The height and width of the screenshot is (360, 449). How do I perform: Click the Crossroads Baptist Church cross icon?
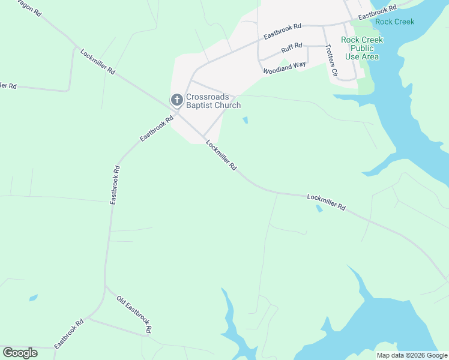click(x=177, y=100)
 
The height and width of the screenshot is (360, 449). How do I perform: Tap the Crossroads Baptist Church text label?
click(x=213, y=101)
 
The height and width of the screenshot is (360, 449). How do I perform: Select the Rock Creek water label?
click(x=394, y=22)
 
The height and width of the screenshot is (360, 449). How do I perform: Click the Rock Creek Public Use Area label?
click(x=362, y=48)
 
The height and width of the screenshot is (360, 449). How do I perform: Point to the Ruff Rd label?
click(x=292, y=48)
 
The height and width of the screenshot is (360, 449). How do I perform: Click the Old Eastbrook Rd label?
click(x=134, y=314)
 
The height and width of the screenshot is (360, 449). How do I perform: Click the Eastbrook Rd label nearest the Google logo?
click(x=68, y=334)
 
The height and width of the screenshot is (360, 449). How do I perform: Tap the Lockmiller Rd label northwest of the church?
click(x=97, y=61)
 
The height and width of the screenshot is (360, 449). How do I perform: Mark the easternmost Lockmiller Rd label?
click(x=326, y=202)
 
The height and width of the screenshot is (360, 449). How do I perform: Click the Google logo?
click(x=20, y=353)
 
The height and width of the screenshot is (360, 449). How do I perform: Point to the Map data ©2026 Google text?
click(x=412, y=355)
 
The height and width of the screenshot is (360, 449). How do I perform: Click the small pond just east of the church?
click(x=245, y=120)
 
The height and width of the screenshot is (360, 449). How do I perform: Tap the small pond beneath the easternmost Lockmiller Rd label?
click(x=319, y=209)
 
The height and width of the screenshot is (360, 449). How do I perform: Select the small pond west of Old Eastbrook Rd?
click(x=33, y=298)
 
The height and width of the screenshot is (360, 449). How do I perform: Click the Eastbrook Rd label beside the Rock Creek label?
click(x=378, y=13)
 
